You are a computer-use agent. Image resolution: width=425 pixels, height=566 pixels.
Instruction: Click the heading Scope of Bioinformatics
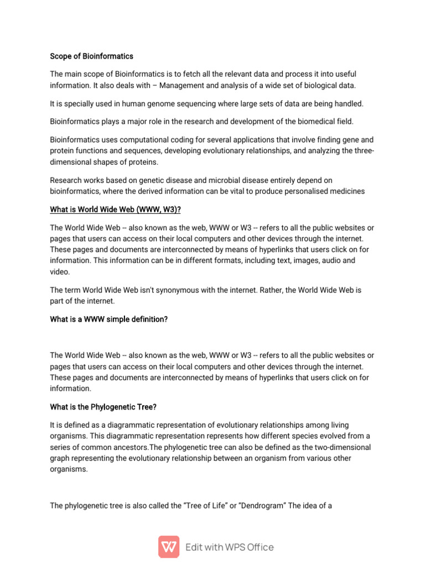91,56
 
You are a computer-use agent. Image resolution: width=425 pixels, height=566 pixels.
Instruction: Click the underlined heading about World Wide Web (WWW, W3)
115,209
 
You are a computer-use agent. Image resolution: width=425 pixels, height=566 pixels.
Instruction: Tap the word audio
322,260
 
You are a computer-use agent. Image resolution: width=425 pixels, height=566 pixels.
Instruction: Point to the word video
59,271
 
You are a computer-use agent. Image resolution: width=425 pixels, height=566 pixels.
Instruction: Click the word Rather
276,290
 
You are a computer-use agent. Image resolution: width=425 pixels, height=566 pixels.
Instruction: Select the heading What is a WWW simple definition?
108,319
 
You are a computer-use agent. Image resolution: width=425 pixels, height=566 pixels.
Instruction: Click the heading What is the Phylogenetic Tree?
103,407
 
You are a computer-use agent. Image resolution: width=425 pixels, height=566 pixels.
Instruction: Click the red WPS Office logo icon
169,547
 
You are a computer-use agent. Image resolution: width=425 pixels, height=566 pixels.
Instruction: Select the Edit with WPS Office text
229,547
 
